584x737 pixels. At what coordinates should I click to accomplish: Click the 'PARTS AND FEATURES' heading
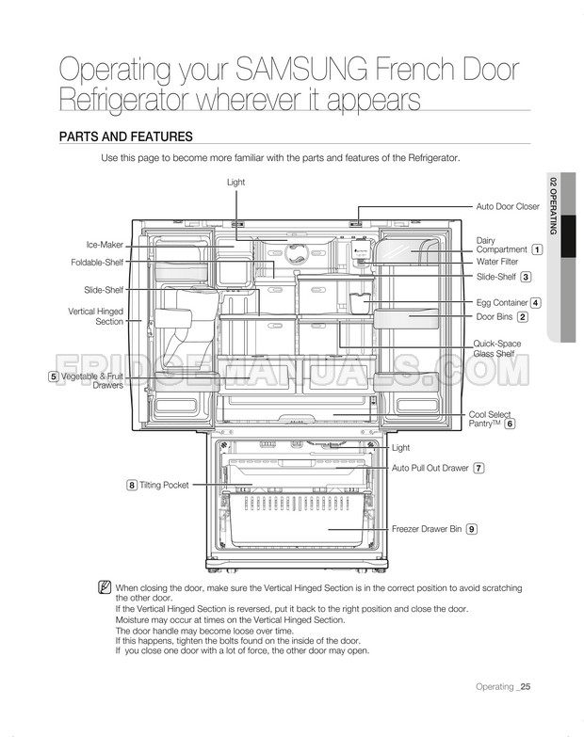[x=125, y=137]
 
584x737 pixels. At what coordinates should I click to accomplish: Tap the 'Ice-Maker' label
[x=105, y=245]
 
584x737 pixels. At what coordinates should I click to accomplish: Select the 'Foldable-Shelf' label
[x=98, y=263]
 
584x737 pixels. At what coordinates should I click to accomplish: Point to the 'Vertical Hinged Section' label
[x=96, y=316]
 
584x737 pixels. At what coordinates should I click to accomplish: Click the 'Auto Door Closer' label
[x=508, y=206]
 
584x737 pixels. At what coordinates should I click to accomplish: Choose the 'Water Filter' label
[x=497, y=262]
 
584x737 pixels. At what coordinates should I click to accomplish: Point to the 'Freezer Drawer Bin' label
[x=427, y=530]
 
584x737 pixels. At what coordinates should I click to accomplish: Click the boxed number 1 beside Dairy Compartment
[x=536, y=249]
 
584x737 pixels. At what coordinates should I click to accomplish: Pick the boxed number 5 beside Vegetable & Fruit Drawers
[x=55, y=377]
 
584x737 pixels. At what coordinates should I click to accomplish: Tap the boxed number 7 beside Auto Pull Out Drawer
[x=479, y=468]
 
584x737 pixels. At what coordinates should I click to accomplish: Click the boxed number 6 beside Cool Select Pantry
[x=510, y=425]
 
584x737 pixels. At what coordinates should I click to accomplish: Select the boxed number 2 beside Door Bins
[x=522, y=316]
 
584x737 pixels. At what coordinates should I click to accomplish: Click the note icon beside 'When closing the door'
[x=105, y=587]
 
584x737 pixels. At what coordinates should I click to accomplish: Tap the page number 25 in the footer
[x=525, y=686]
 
